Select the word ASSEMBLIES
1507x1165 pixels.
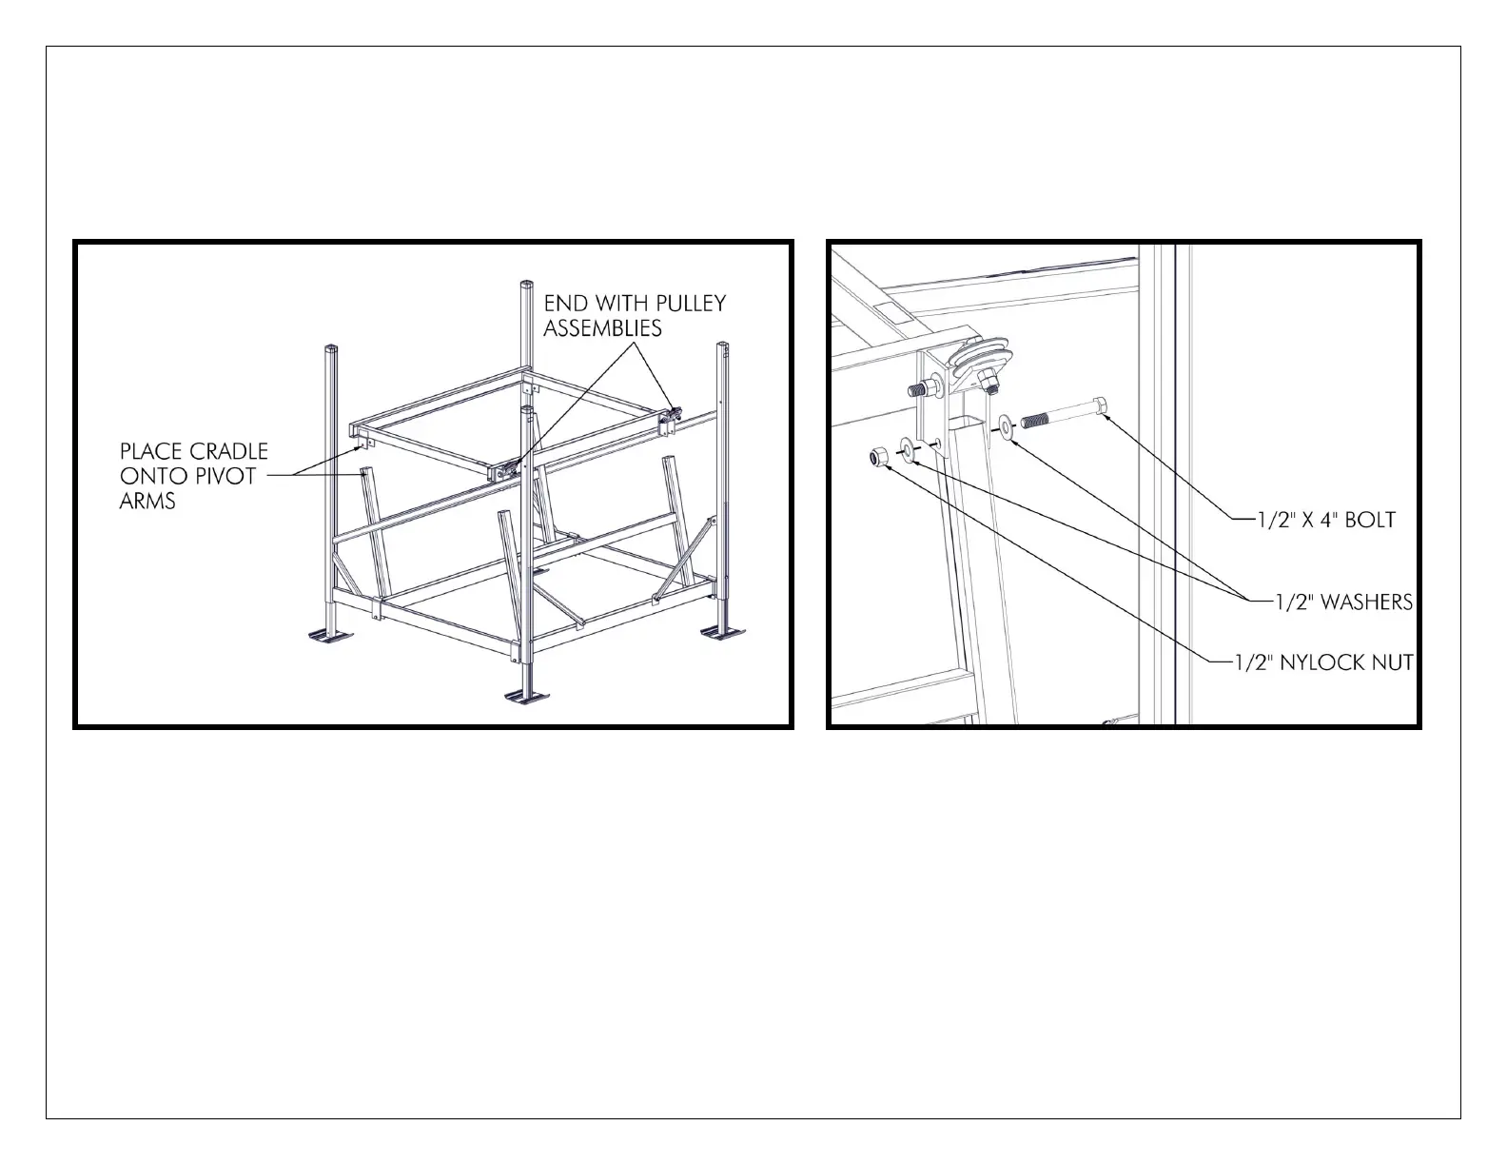603,327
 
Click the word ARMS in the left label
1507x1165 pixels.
147,501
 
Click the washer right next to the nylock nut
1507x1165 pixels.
908,449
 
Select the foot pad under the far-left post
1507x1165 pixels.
330,635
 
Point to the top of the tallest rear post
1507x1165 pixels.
527,285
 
